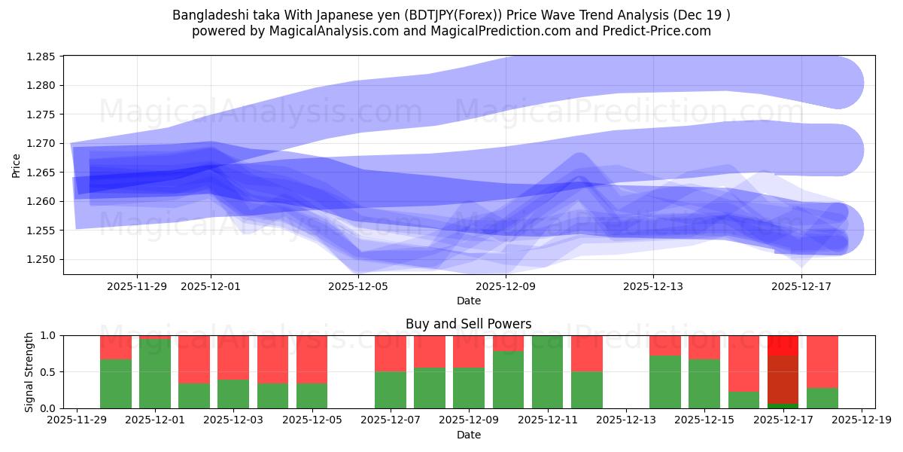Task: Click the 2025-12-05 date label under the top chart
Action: [358, 286]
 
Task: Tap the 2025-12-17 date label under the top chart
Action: [801, 286]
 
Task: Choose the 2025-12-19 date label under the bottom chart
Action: [861, 420]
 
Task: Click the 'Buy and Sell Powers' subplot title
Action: [468, 324]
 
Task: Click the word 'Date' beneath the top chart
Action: [468, 301]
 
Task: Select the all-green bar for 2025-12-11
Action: [547, 372]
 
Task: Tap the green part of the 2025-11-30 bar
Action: [115, 384]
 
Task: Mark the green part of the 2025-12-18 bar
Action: [822, 398]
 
